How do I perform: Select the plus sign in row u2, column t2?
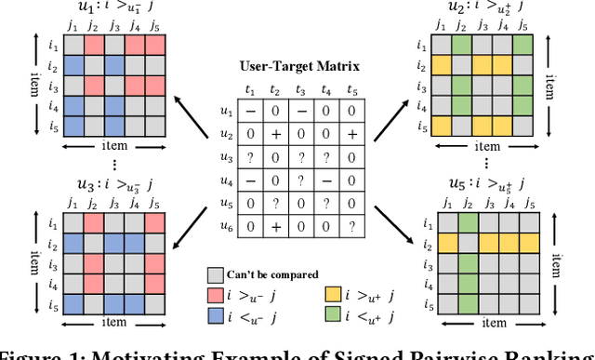pyautogui.click(x=275, y=133)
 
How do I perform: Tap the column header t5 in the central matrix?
pyautogui.click(x=351, y=91)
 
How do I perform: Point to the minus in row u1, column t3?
pyautogui.click(x=300, y=112)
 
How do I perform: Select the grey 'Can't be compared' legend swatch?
pyautogui.click(x=215, y=275)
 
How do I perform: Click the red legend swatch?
pyautogui.click(x=215, y=294)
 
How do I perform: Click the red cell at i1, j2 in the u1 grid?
pyautogui.click(x=93, y=46)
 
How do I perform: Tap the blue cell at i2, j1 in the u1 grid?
pyautogui.click(x=72, y=67)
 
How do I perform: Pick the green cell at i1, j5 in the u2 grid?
pyautogui.click(x=522, y=46)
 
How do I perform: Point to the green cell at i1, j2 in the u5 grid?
pyautogui.click(x=469, y=222)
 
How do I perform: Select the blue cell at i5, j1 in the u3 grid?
pyautogui.click(x=72, y=304)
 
